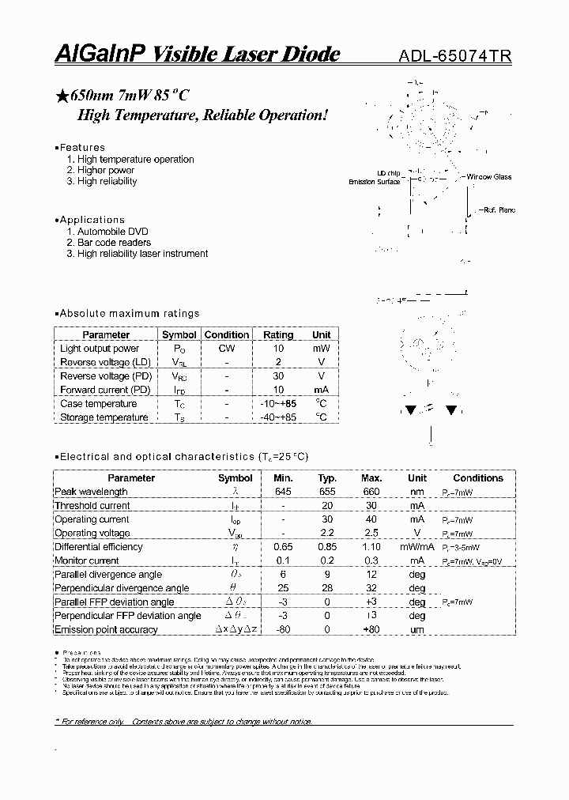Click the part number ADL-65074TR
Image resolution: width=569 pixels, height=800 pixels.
(x=454, y=56)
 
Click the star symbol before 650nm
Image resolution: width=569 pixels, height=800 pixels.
(x=62, y=96)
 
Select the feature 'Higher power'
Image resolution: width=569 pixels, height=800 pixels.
(x=106, y=170)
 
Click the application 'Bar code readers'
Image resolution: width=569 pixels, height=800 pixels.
(x=114, y=243)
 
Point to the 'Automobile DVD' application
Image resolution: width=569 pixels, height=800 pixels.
(x=112, y=232)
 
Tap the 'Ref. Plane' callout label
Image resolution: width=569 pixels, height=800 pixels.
(x=496, y=210)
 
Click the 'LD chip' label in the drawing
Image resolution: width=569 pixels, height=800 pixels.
(x=388, y=173)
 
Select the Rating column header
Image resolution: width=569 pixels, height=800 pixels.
(x=277, y=334)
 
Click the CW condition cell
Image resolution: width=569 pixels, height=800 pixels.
(x=226, y=349)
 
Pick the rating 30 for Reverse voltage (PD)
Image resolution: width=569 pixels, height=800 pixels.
(x=277, y=376)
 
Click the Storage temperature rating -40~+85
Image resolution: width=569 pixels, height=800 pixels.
(x=277, y=417)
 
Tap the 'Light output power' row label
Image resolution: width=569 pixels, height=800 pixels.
(x=100, y=349)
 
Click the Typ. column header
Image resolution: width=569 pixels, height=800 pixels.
(x=326, y=478)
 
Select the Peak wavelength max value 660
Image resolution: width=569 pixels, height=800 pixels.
(x=371, y=492)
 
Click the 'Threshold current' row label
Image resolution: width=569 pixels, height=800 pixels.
(x=92, y=506)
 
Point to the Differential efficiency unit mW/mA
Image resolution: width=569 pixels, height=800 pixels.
(x=416, y=547)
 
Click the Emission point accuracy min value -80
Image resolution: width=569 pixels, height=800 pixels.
(x=282, y=630)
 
